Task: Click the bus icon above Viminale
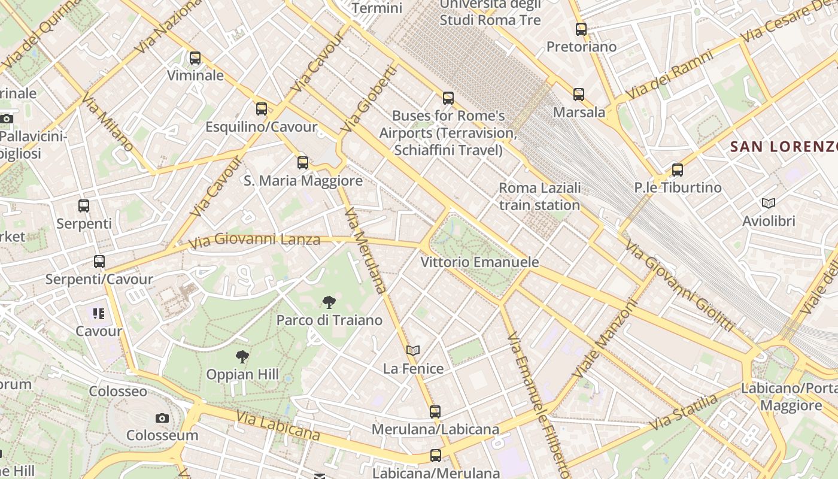click(195, 58)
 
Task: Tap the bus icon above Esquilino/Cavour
click(262, 109)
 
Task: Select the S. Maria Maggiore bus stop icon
click(303, 162)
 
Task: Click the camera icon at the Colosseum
click(162, 418)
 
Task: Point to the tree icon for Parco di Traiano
click(329, 302)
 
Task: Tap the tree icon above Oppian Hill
click(242, 357)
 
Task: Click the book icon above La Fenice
click(413, 350)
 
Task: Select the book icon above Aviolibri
click(769, 204)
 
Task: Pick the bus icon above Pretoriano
click(581, 29)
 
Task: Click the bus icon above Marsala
click(579, 94)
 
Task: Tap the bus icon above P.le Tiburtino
click(678, 170)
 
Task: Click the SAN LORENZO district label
click(783, 146)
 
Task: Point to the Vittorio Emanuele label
click(479, 262)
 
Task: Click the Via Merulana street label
click(366, 250)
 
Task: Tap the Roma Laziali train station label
click(539, 196)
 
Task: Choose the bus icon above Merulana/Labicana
click(435, 412)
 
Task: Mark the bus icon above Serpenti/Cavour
click(99, 262)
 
